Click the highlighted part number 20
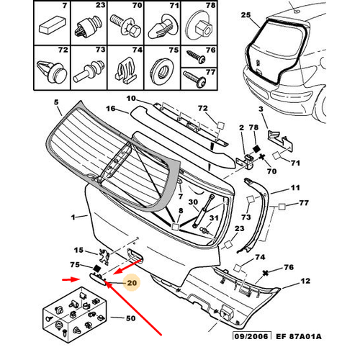click(x=132, y=283)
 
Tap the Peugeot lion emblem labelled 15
click(x=104, y=256)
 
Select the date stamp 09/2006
click(x=251, y=336)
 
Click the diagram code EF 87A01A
click(x=299, y=336)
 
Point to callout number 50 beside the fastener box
click(x=131, y=318)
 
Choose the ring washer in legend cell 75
click(x=162, y=70)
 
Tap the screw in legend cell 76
click(x=197, y=57)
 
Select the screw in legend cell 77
click(x=194, y=79)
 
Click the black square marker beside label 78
click(x=256, y=148)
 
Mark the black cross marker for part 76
click(x=265, y=273)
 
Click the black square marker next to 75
click(x=97, y=269)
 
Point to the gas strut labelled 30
click(x=203, y=210)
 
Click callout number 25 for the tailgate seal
click(x=246, y=15)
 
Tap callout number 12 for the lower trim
click(x=305, y=281)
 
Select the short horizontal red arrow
click(x=71, y=279)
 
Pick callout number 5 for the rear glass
click(x=56, y=102)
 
